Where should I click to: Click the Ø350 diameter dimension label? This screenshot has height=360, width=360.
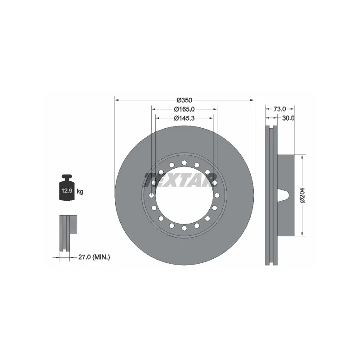click(x=184, y=99)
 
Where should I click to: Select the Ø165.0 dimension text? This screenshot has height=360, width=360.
click(x=184, y=109)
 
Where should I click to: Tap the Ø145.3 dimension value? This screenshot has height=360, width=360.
click(x=184, y=118)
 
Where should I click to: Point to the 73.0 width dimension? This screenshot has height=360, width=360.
click(x=280, y=109)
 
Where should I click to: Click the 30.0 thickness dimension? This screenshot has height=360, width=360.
click(x=288, y=118)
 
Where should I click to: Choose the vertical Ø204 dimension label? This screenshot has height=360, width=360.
click(x=302, y=195)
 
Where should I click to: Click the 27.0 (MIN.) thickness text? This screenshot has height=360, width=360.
click(x=94, y=257)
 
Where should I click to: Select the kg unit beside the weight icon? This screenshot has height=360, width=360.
click(x=80, y=192)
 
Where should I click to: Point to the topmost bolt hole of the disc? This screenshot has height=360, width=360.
click(x=184, y=162)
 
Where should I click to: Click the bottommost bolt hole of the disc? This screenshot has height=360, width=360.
click(x=184, y=228)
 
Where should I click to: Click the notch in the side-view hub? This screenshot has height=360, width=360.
click(x=283, y=195)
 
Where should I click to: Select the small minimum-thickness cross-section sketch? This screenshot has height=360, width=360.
click(x=67, y=233)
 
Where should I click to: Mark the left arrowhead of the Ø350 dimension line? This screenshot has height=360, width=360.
click(x=117, y=99)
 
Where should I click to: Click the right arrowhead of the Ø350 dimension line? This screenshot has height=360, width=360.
click(x=252, y=99)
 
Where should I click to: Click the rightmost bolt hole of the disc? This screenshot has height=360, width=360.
click(x=217, y=195)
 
